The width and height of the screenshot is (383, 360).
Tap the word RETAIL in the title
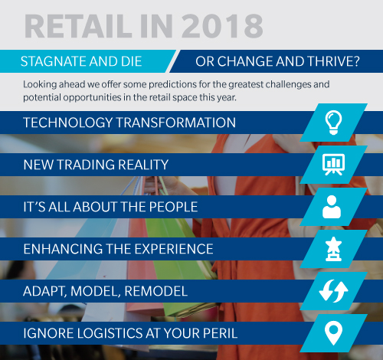point(78,26)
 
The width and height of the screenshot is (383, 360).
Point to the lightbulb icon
point(333,123)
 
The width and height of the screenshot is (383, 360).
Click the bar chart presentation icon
point(333,165)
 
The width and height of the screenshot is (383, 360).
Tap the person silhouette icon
point(332,207)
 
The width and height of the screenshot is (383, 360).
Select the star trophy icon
point(333,249)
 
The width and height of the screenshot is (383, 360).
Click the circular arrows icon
point(333,291)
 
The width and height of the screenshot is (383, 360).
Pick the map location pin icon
point(333,333)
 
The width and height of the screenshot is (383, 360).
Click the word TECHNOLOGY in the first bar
point(68,123)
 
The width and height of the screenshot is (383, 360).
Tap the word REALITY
point(143,165)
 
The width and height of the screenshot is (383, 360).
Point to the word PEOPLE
point(173,207)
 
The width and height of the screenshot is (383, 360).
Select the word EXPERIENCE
point(174,249)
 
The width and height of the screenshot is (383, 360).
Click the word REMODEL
point(156,291)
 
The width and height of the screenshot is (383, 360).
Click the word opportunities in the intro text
point(92,98)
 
